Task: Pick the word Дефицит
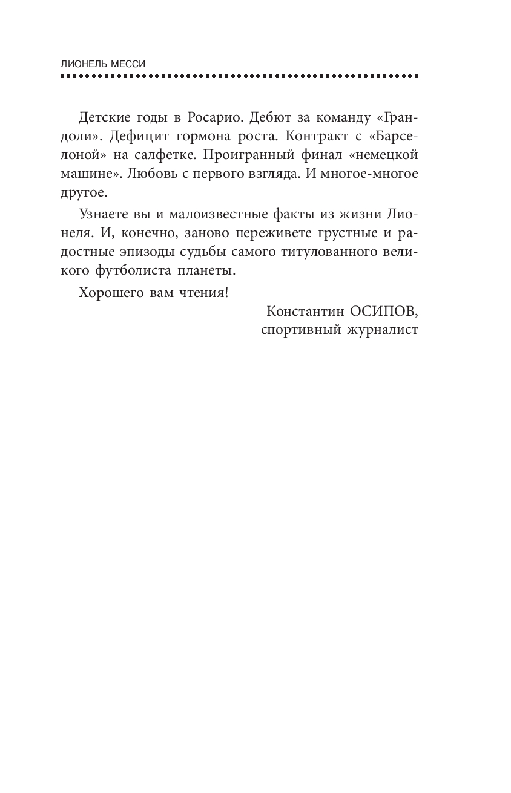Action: click(x=146, y=135)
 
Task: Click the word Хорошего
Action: click(x=109, y=292)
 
